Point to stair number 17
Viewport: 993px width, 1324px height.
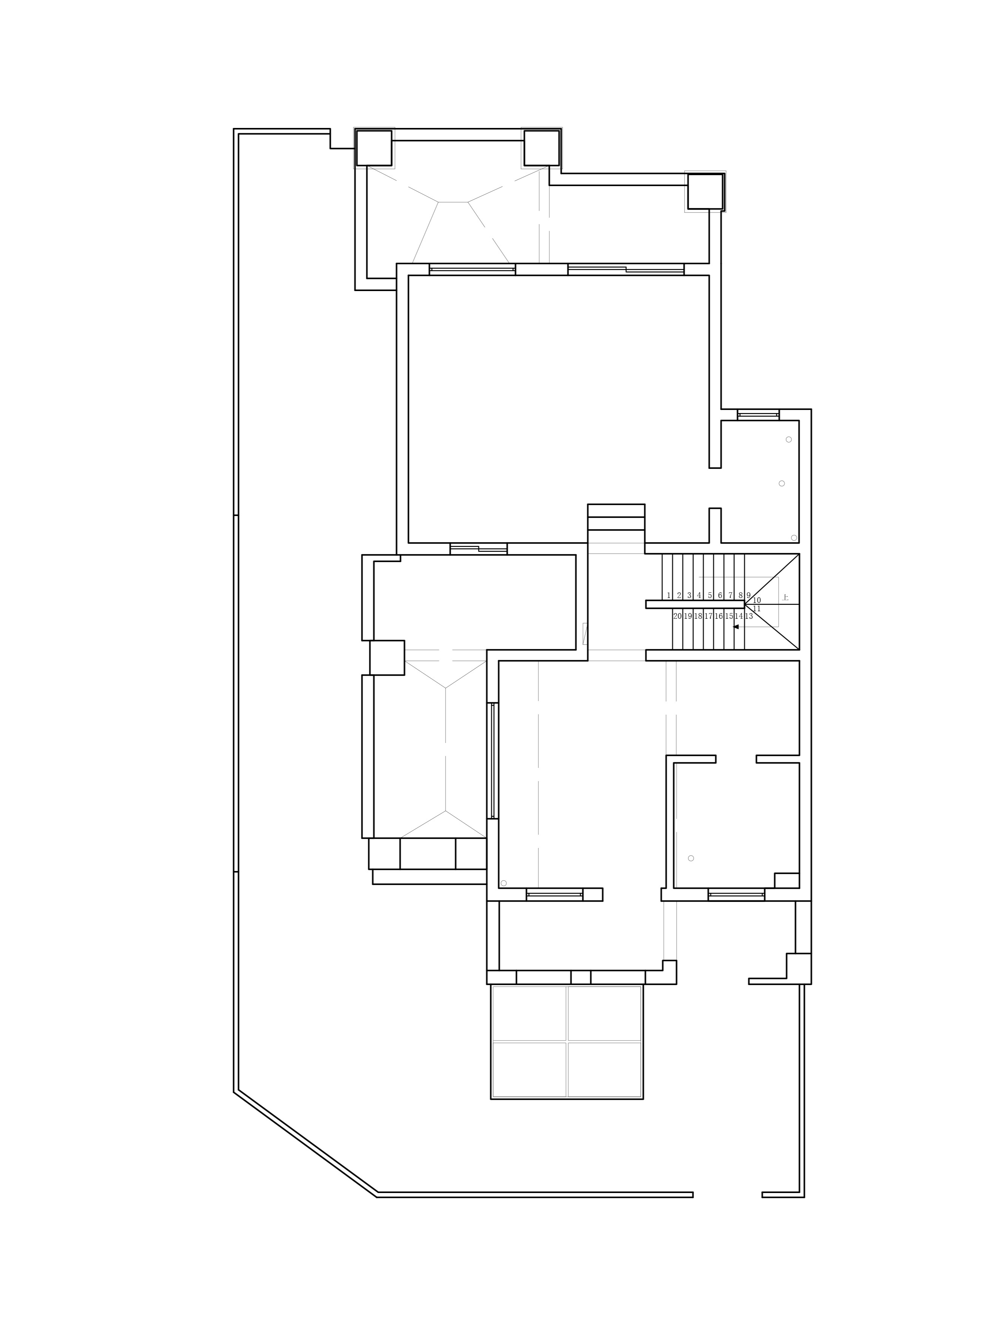(x=708, y=616)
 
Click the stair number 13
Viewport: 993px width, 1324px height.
(x=749, y=616)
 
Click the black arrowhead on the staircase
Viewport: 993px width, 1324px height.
(x=735, y=627)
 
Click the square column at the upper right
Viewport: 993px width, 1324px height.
(x=705, y=191)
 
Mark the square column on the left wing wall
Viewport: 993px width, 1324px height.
(x=387, y=657)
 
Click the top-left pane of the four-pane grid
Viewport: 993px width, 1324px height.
(x=529, y=1013)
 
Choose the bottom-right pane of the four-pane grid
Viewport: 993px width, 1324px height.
(x=604, y=1070)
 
